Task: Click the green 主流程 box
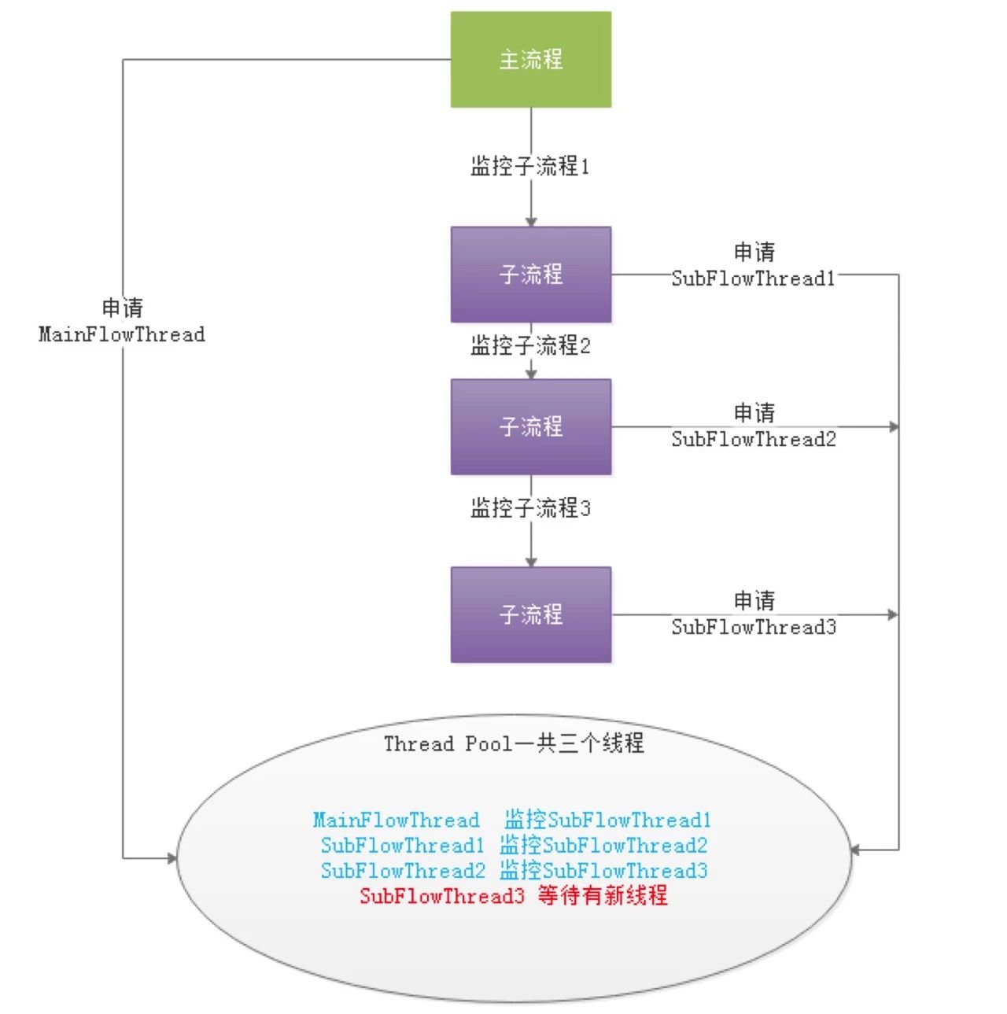(530, 60)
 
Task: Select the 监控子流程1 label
(529, 166)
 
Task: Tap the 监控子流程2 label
(530, 345)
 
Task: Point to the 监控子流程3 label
(530, 507)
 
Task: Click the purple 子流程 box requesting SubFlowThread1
(530, 275)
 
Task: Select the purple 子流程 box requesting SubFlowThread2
(530, 426)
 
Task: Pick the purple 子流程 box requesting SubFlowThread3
(530, 614)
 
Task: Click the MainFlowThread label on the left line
(122, 334)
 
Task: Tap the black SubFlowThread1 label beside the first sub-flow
(753, 278)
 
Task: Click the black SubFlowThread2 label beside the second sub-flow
(754, 439)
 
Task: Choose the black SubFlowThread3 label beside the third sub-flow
(754, 627)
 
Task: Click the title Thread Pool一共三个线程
(514, 743)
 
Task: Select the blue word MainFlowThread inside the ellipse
(396, 820)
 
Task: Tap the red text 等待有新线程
(603, 894)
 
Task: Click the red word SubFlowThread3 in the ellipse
(442, 895)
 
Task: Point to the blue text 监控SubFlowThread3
(603, 870)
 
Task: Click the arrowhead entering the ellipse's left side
(172, 858)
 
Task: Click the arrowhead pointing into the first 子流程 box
(531, 222)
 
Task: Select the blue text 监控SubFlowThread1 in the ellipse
(608, 820)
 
